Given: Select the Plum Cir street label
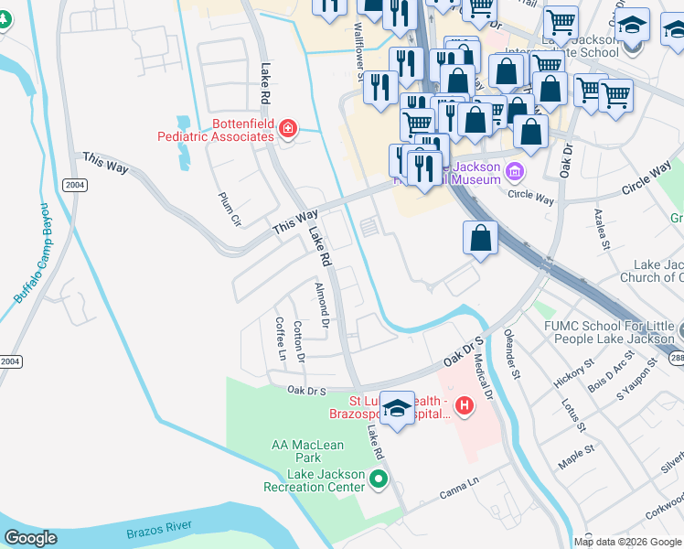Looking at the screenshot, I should click(229, 209).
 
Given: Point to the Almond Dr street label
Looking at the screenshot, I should click(321, 305).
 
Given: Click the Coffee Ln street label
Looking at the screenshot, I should click(281, 339).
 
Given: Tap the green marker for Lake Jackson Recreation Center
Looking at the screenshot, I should click(379, 479).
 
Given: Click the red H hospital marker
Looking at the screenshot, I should click(465, 404).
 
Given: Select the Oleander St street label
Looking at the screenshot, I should click(513, 354).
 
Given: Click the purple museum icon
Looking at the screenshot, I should click(515, 171).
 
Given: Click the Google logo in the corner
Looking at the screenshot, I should click(30, 538).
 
